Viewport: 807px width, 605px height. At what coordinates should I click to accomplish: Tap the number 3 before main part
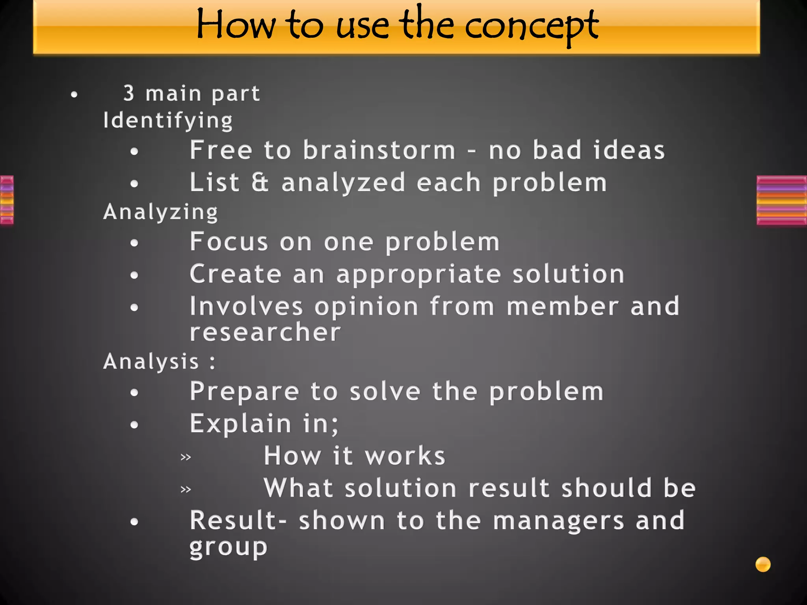tap(129, 93)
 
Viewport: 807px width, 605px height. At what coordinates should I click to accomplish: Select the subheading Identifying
tap(168, 120)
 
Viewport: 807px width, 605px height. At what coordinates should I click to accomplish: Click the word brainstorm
tap(379, 150)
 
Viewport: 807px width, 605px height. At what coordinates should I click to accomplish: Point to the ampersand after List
tap(260, 182)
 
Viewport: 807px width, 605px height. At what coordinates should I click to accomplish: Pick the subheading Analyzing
tap(160, 212)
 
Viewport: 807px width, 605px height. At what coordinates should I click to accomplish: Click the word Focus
tap(229, 241)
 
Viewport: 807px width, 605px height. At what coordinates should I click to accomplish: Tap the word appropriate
tap(418, 275)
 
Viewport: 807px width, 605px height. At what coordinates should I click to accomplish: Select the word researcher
tap(265, 332)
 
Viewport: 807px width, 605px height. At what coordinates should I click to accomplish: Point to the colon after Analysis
tap(213, 362)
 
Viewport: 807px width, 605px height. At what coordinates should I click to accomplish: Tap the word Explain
tap(241, 423)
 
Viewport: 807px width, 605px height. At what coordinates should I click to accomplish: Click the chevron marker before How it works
tap(186, 457)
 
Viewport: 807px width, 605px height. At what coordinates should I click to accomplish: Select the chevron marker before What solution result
tap(186, 490)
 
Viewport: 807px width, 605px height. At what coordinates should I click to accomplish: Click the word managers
tap(559, 521)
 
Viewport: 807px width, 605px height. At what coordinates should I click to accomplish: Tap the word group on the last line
tap(228, 547)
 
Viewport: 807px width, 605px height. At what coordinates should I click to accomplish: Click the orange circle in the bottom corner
tap(763, 564)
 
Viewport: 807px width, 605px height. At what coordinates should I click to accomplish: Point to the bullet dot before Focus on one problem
tap(134, 243)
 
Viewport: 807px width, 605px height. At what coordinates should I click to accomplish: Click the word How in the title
tap(236, 25)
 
